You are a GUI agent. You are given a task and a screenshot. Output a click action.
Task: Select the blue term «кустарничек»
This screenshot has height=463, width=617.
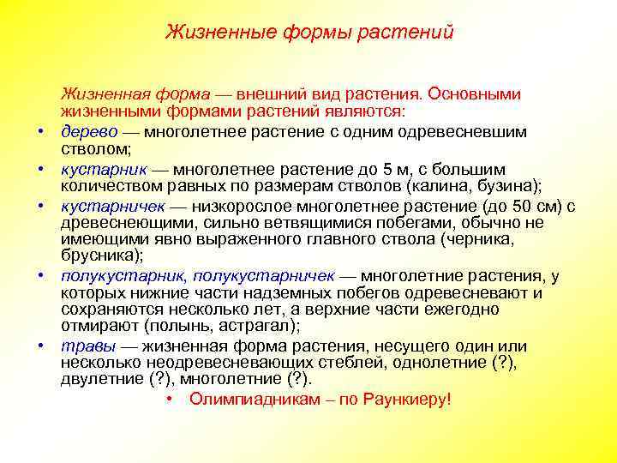[x=112, y=206]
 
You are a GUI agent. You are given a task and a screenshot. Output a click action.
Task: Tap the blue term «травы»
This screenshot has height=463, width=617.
[x=87, y=346]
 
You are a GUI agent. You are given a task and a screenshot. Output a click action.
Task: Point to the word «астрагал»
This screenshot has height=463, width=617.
[x=256, y=326]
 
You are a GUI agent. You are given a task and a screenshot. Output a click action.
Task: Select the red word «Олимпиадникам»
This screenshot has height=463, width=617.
[x=245, y=400]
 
